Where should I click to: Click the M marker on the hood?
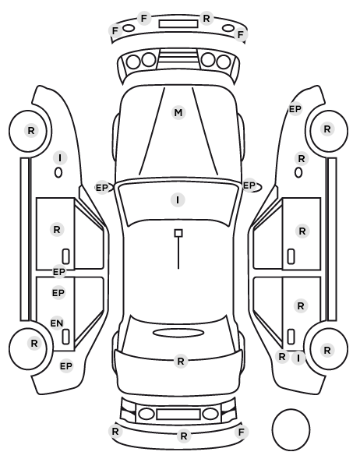tap(178, 113)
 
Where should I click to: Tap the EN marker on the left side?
tap(57, 323)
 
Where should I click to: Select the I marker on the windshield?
tap(178, 200)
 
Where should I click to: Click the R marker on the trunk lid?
tap(181, 361)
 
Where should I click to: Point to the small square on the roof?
tap(178, 233)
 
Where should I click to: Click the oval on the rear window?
tap(178, 333)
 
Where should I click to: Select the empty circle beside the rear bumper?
tap(291, 429)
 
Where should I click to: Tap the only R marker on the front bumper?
tap(206, 19)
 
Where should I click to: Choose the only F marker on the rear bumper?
tap(241, 432)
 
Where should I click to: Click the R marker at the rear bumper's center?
tap(184, 436)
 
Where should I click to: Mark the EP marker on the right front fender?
tap(295, 109)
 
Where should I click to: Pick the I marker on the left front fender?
tap(60, 158)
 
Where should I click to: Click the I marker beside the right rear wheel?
tap(298, 358)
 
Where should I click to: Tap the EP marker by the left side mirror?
tap(101, 188)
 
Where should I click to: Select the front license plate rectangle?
tap(178, 24)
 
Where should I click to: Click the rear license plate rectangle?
tap(178, 414)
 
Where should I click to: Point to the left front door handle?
tap(66, 256)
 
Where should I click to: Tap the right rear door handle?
tap(291, 337)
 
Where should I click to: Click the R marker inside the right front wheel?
tap(327, 129)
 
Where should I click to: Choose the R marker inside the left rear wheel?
tap(34, 343)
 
